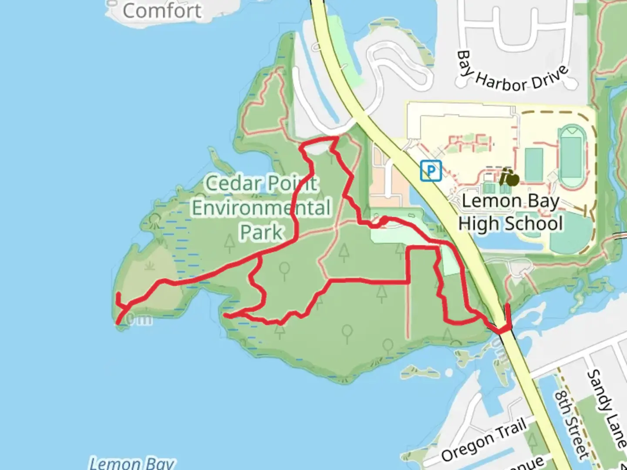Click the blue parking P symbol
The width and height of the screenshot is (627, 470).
pyautogui.click(x=431, y=171)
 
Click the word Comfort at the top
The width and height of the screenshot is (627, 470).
pyautogui.click(x=162, y=10)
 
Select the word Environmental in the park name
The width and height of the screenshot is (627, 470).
pyautogui.click(x=261, y=208)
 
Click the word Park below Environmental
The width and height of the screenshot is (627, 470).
pyautogui.click(x=261, y=232)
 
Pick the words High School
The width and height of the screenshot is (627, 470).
pyautogui.click(x=510, y=224)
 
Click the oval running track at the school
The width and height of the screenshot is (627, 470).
pyautogui.click(x=572, y=157)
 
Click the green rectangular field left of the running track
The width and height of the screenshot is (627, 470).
pyautogui.click(x=534, y=164)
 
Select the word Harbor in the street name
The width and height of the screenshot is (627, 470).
pyautogui.click(x=502, y=81)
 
